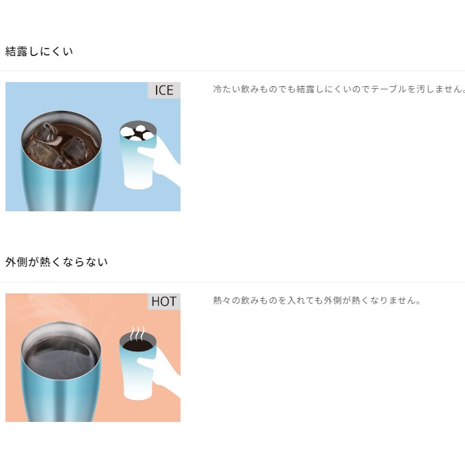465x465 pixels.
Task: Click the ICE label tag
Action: click(x=164, y=90)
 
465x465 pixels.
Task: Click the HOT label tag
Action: click(x=164, y=302)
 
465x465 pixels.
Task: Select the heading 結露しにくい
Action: click(x=39, y=51)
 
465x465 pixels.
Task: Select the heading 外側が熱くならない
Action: click(x=56, y=262)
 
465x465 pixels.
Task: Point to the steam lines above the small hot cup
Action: click(x=138, y=333)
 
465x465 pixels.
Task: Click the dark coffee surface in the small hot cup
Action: click(x=138, y=345)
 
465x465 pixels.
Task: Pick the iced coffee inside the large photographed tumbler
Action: click(x=62, y=144)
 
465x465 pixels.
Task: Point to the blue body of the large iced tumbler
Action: click(x=61, y=187)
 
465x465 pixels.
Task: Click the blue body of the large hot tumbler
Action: click(x=61, y=397)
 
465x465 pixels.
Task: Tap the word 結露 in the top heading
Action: click(x=16, y=51)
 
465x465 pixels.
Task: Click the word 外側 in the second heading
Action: click(x=16, y=262)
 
